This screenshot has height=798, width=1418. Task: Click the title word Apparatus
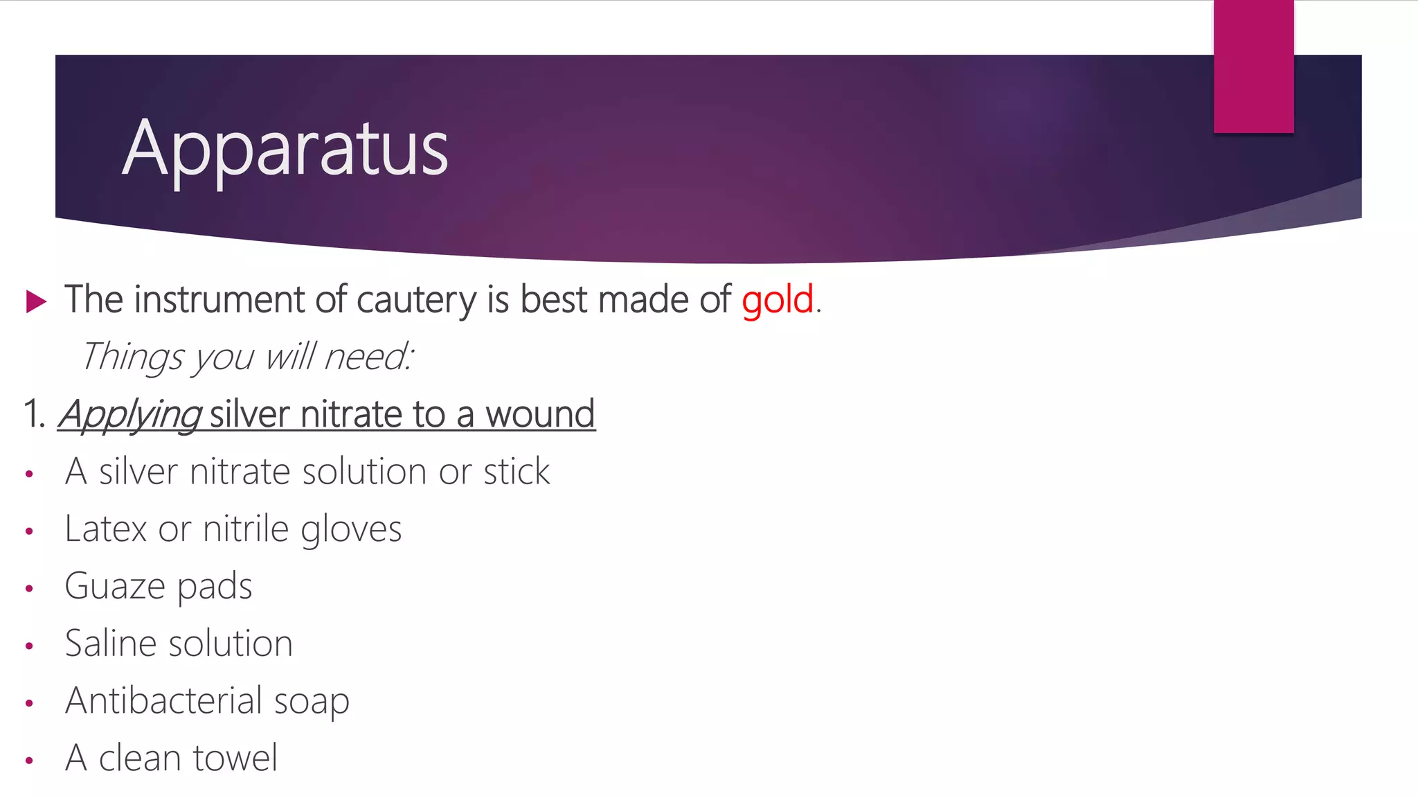pyautogui.click(x=285, y=149)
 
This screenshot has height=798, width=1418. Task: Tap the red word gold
pyautogui.click(x=777, y=300)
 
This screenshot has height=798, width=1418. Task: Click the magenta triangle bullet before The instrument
pyautogui.click(x=36, y=301)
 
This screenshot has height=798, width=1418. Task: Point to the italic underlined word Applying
pyautogui.click(x=130, y=415)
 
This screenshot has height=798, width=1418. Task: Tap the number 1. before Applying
pyautogui.click(x=34, y=415)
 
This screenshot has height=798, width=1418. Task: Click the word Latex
pyautogui.click(x=105, y=529)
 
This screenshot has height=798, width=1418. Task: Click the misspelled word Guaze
pyautogui.click(x=114, y=587)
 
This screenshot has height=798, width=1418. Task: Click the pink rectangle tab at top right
pyautogui.click(x=1253, y=66)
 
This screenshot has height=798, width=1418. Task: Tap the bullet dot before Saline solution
pyautogui.click(x=29, y=646)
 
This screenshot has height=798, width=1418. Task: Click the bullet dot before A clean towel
pyautogui.click(x=29, y=761)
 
